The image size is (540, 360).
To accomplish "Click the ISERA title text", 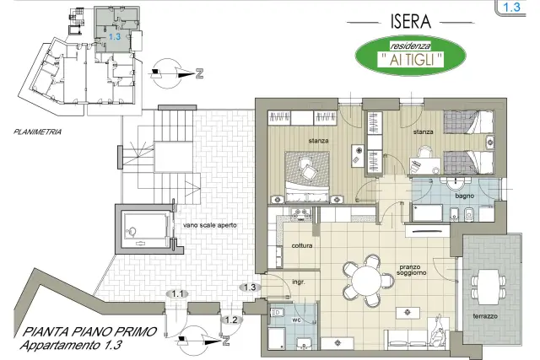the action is tap(411, 22).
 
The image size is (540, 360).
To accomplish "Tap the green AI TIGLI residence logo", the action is tap(411, 55).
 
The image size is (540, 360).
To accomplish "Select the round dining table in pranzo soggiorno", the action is tap(367, 279).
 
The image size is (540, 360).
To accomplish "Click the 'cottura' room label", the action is tap(302, 245).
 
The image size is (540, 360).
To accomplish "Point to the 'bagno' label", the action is tap(465, 196).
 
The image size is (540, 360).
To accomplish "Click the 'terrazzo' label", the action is tap(485, 316).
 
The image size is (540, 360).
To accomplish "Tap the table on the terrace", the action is tap(489, 287).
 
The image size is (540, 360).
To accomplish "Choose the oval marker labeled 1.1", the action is tap(177, 294).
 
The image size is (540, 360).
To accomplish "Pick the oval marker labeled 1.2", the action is tap(231, 320).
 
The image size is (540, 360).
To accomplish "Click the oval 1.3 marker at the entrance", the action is tap(250, 287).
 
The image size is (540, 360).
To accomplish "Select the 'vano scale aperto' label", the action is tap(210, 225).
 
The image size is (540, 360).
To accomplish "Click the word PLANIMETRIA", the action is tap(37, 132).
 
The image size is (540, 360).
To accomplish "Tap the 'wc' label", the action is tap(296, 320).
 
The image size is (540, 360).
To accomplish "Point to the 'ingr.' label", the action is tap(299, 282).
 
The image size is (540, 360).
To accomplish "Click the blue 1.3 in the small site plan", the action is tap(115, 36).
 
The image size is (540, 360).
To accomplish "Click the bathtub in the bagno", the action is tap(428, 212).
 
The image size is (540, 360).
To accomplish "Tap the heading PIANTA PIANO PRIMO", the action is tap(89, 332).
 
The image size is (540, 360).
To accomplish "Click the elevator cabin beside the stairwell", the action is tap(146, 229).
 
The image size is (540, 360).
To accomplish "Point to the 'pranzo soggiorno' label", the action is tap(411, 270).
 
